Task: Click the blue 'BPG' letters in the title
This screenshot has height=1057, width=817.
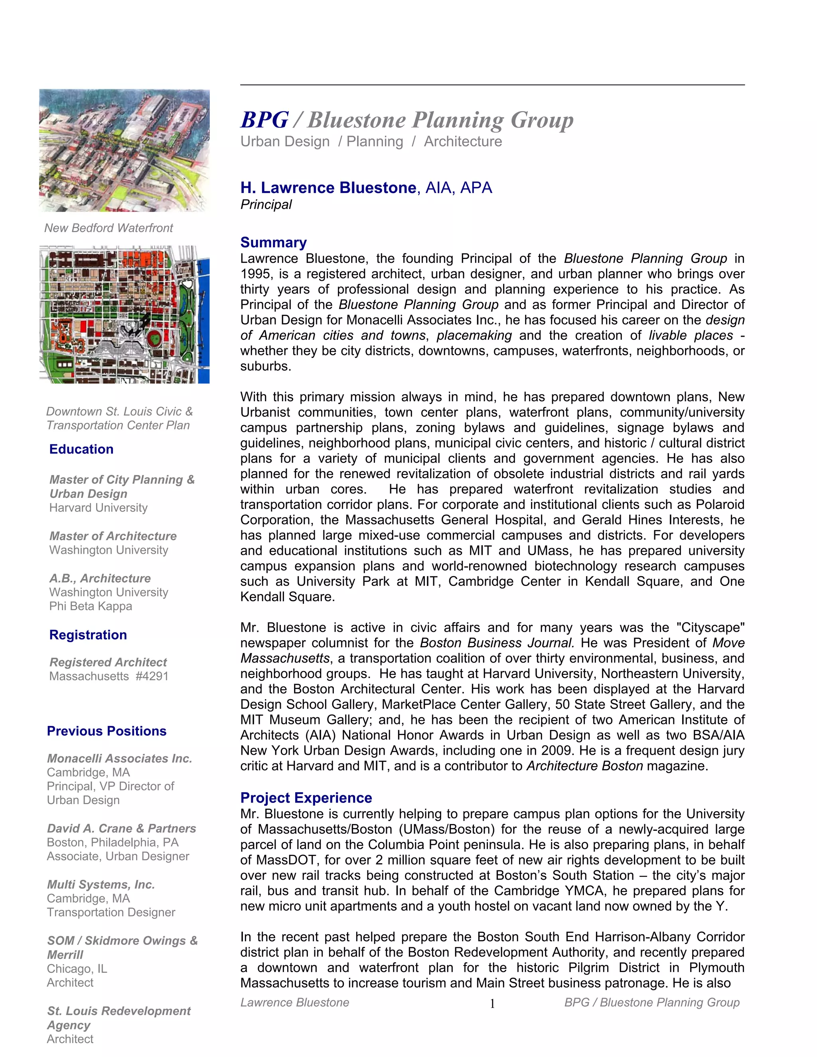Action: point(264,120)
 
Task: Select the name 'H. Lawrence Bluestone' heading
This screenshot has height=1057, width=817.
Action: point(328,188)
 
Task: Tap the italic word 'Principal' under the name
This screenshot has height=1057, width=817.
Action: point(266,205)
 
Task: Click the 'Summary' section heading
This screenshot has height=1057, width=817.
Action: point(273,243)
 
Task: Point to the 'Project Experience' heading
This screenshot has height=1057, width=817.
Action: point(306,798)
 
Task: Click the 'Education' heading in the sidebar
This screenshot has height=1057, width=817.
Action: point(81,449)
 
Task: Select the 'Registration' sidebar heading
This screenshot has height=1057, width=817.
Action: point(88,635)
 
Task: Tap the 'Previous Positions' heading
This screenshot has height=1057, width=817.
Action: point(107,731)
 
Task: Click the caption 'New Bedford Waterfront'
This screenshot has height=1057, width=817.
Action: point(109,228)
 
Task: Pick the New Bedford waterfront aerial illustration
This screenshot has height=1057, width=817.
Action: point(124,150)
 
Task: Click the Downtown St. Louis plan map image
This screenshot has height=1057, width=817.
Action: point(124,315)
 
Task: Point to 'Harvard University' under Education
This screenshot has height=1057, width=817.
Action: point(98,508)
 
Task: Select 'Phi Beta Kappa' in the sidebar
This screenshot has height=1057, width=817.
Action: point(91,606)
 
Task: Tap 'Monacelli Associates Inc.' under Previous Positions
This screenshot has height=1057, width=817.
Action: point(120,758)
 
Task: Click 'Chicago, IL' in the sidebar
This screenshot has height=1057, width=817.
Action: point(77,968)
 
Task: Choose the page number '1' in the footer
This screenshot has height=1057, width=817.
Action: point(492,1004)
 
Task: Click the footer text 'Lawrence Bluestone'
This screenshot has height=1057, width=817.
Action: point(295,1002)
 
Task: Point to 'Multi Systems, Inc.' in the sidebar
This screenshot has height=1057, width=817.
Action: point(101,884)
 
